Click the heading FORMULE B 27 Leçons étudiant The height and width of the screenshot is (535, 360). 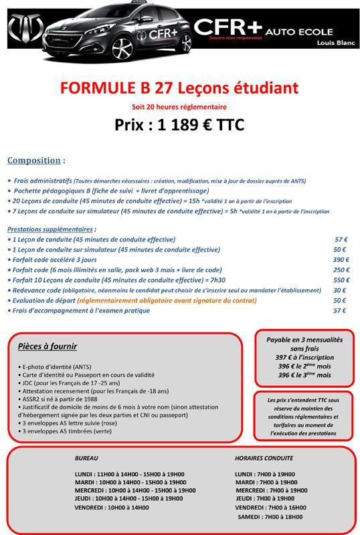tap(179, 88)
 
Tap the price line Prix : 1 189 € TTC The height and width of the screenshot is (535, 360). tap(179, 124)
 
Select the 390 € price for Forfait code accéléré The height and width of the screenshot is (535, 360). tap(341, 259)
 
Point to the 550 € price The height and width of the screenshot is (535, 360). tap(341, 280)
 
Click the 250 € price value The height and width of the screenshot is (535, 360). tap(341, 270)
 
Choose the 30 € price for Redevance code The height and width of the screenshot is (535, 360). tap(340, 290)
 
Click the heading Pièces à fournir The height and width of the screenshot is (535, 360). tap(48, 346)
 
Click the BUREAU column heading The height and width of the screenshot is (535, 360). tap(87, 458)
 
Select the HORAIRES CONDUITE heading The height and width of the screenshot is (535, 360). tap(264, 458)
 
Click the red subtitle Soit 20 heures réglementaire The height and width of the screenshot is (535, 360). tap(179, 107)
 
